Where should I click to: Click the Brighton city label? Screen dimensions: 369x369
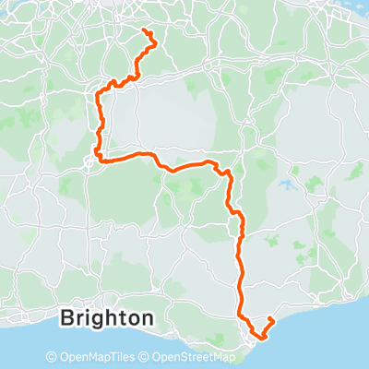(x=106, y=319)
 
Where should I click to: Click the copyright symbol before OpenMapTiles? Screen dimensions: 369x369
(x=52, y=357)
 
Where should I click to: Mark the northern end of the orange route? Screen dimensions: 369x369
(x=143, y=31)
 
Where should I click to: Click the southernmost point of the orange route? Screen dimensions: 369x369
(x=257, y=338)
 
